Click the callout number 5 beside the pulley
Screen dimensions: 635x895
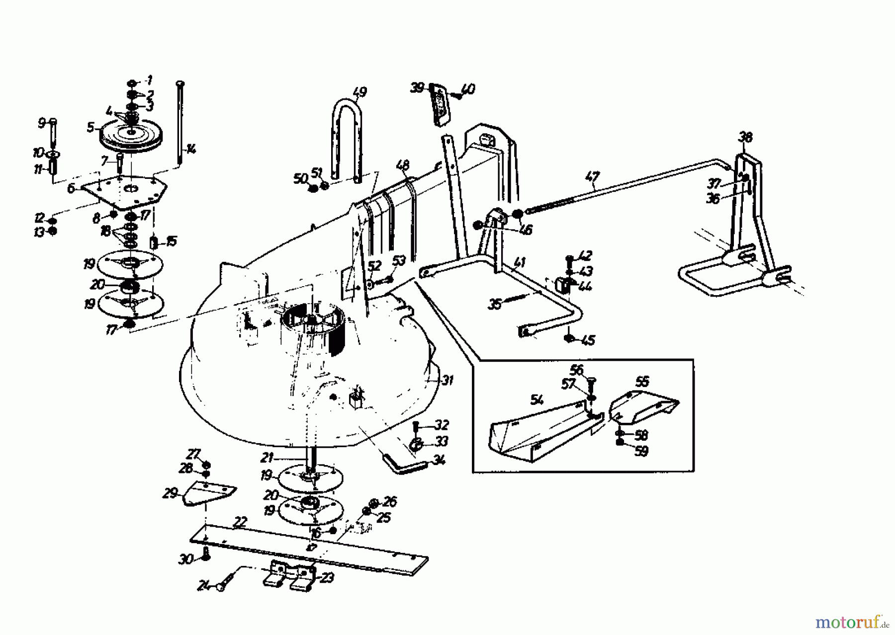(90, 128)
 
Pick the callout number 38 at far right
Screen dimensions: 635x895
(745, 137)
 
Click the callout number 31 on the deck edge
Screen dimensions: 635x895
(447, 381)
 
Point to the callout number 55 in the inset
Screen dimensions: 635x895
(642, 382)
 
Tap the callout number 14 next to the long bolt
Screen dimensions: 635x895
(191, 148)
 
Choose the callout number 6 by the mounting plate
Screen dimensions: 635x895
(71, 188)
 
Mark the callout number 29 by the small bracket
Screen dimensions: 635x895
(171, 493)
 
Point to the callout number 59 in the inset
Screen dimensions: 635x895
(641, 451)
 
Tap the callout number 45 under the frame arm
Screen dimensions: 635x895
(588, 340)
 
